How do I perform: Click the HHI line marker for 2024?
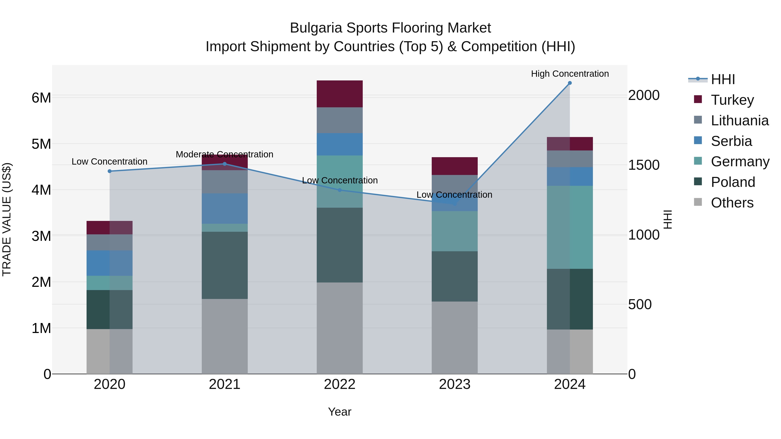(x=570, y=83)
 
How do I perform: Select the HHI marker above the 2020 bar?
(x=110, y=171)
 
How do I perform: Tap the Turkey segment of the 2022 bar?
(x=340, y=94)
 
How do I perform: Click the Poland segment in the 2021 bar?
(x=225, y=265)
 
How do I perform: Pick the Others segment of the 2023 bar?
(x=454, y=338)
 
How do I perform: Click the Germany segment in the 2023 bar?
(x=454, y=231)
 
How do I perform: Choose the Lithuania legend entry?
(x=740, y=121)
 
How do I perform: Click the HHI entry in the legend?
(x=723, y=79)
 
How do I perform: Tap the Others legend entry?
(x=732, y=203)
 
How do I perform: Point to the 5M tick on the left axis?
(x=41, y=144)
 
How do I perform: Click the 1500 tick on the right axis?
(x=644, y=165)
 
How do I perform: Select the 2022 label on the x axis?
(x=340, y=384)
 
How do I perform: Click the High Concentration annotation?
(x=570, y=74)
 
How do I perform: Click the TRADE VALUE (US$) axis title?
(x=7, y=219)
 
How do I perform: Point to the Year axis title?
(x=340, y=412)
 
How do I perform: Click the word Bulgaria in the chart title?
(x=316, y=28)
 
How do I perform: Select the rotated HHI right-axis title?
(x=668, y=219)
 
